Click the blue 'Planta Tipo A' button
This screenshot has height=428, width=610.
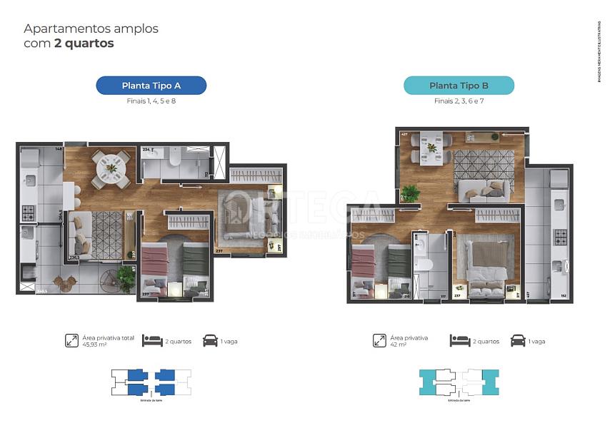point(151,86)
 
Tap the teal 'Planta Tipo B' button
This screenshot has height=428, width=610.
point(459,86)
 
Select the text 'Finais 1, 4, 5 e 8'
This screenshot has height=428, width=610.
point(151,101)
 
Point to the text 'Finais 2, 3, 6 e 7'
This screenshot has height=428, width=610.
point(459,101)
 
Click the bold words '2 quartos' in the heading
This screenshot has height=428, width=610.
point(84,44)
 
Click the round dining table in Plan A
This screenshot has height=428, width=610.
point(111,168)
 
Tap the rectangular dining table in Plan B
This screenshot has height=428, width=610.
point(431,148)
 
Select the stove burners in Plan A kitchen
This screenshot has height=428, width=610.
point(29,213)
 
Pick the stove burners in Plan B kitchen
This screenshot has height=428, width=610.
point(561,237)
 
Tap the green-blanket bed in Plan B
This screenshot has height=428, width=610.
point(397,267)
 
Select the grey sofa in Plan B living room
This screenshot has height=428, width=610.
point(484,190)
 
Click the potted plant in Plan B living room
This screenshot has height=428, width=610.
point(410,192)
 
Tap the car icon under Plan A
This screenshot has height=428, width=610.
point(211,340)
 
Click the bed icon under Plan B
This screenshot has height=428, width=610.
point(460,340)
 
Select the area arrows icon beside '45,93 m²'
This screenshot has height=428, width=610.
point(71,340)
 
